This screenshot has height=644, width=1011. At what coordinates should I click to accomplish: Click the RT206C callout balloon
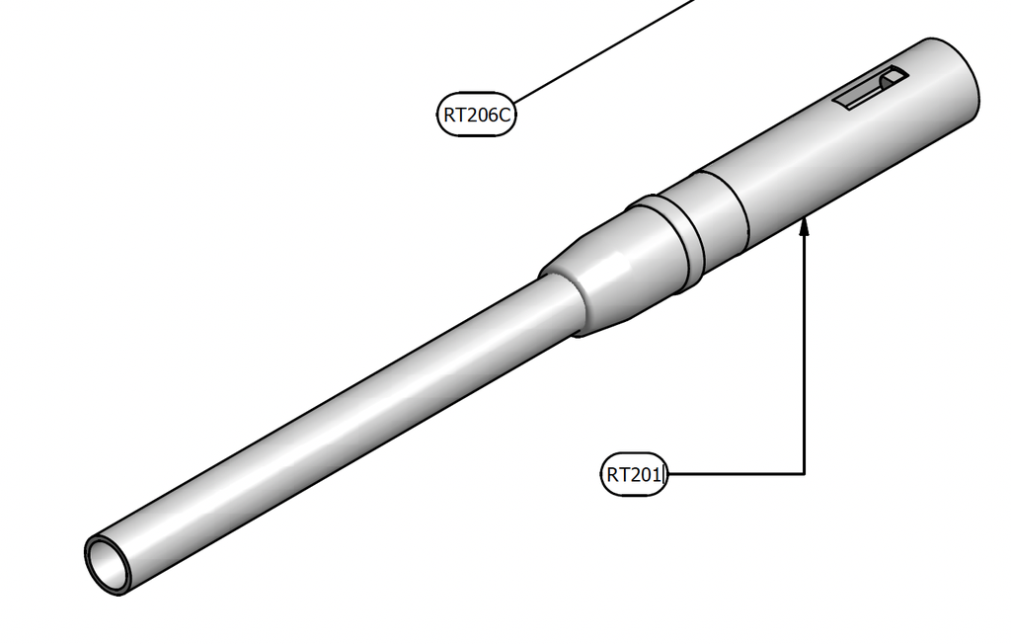477,115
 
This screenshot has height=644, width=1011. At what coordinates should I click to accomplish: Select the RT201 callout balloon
635,475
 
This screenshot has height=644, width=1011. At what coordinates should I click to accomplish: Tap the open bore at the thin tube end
106,561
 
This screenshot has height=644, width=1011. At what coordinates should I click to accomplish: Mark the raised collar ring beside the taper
669,233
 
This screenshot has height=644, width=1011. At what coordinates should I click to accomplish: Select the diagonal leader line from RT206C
605,51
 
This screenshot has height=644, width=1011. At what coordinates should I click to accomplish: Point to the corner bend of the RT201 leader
804,474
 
